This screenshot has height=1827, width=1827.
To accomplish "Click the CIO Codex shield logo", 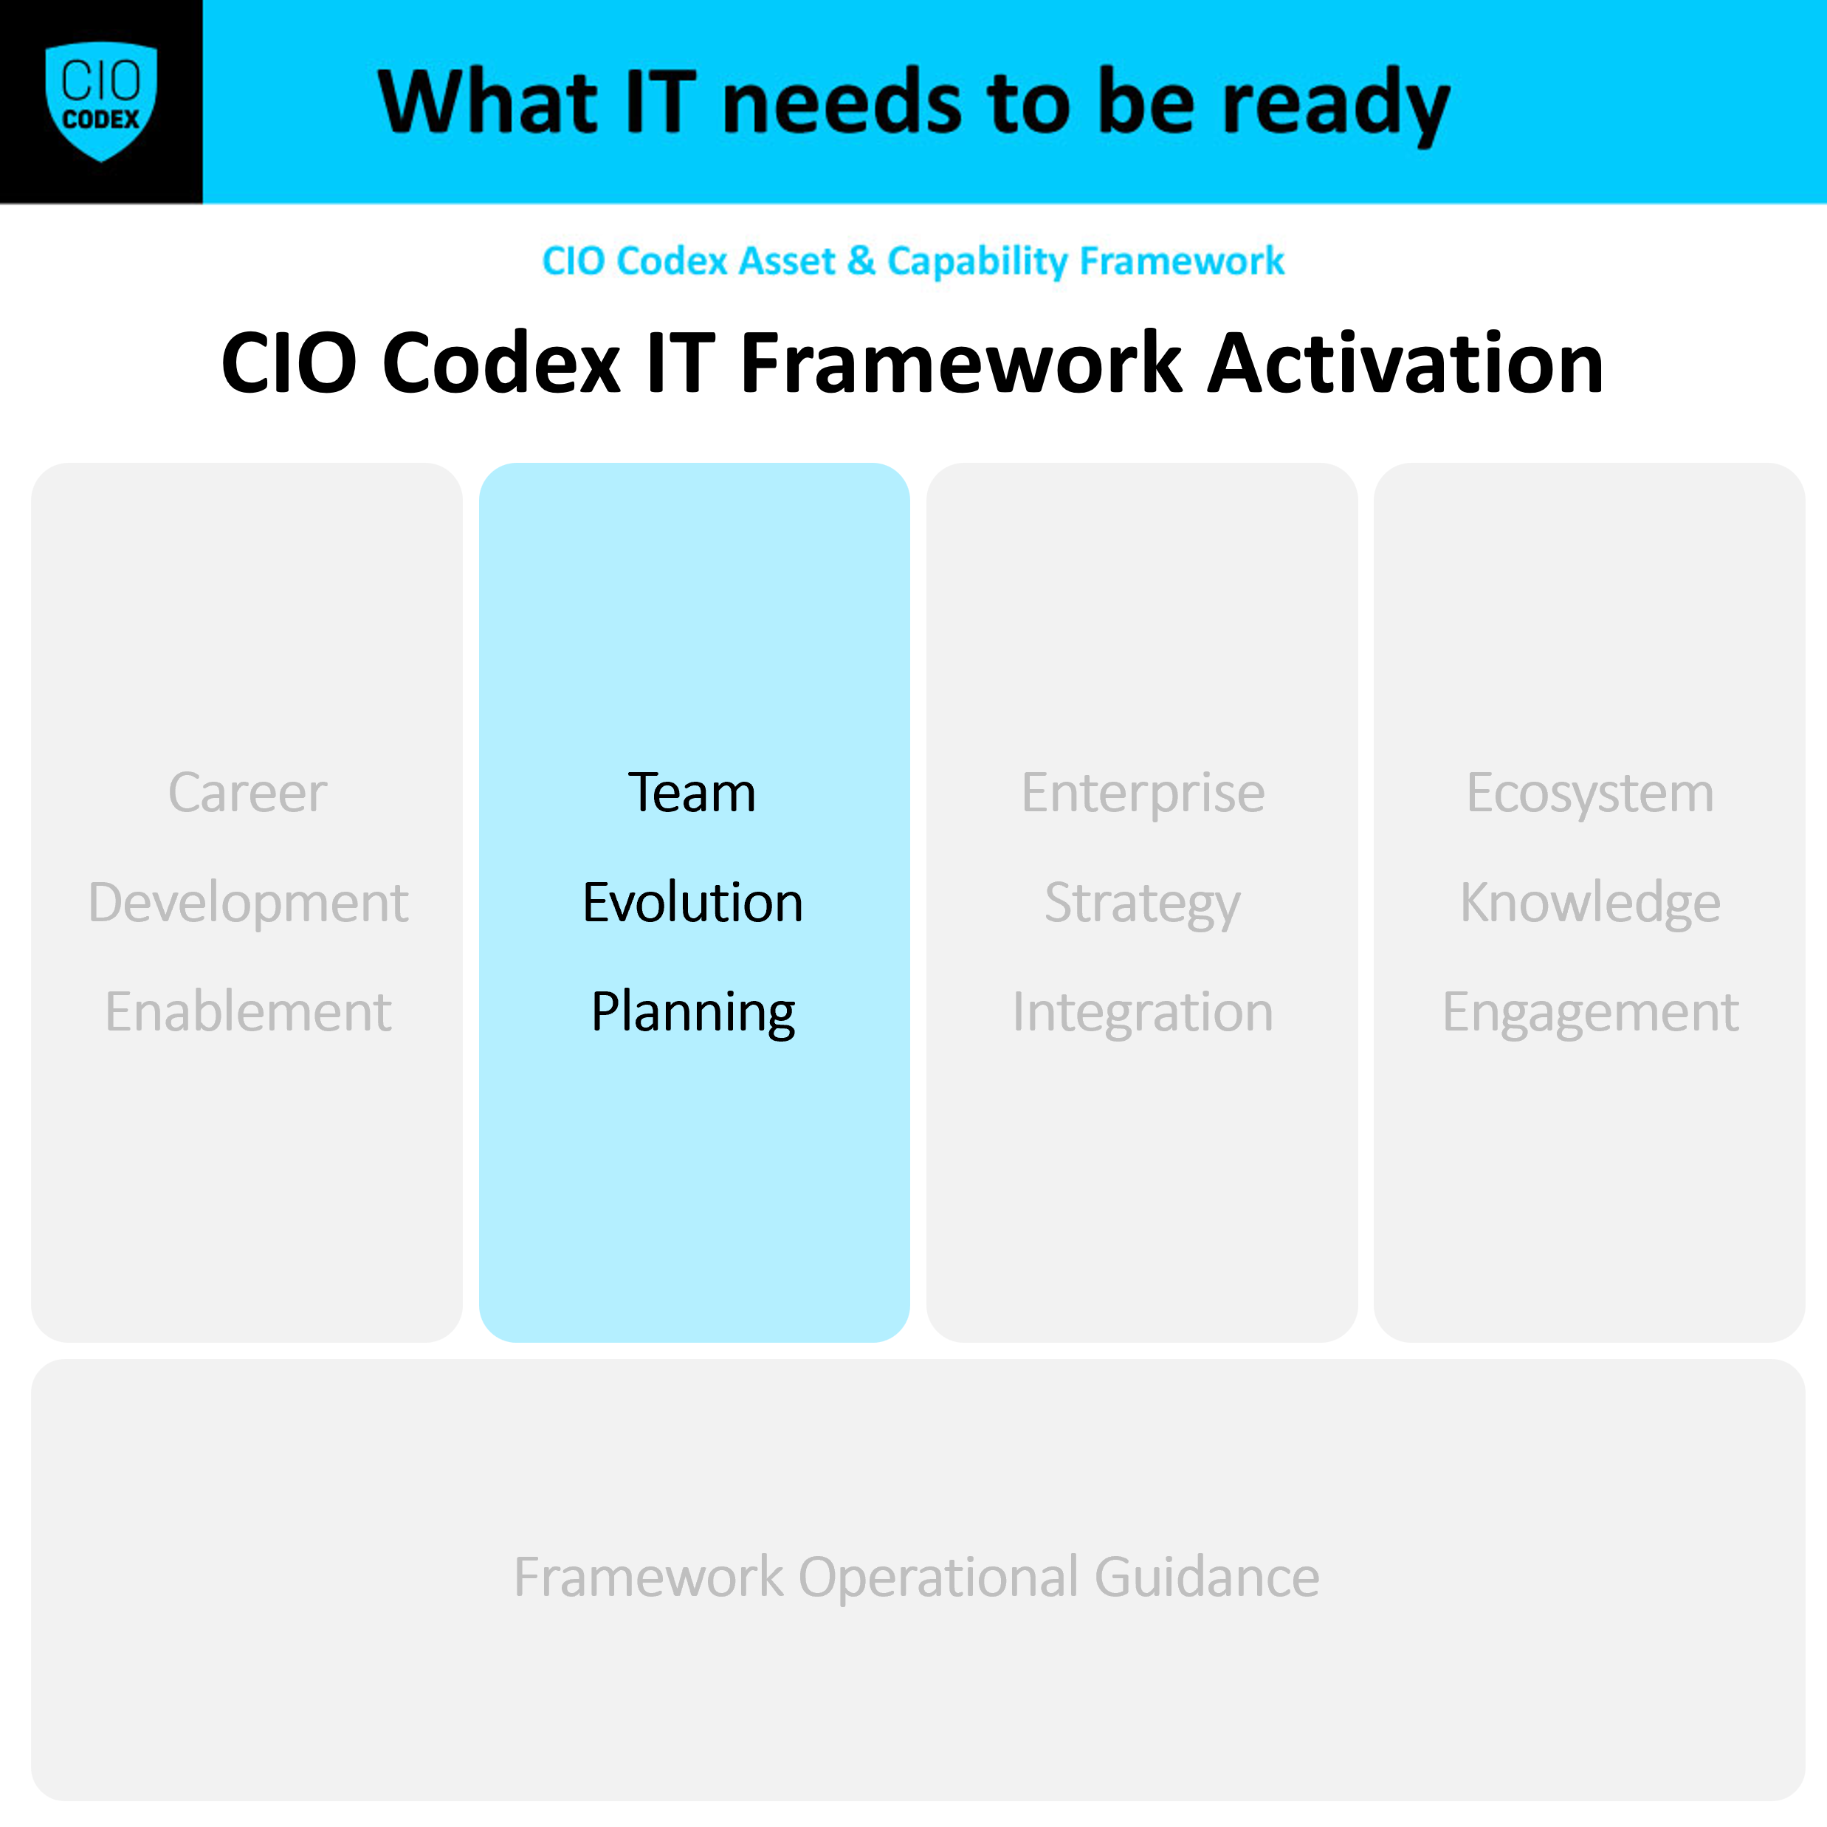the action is coord(101,101).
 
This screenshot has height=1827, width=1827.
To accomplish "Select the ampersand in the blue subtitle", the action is coord(861,261).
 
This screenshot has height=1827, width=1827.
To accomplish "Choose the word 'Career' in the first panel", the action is coord(247,793).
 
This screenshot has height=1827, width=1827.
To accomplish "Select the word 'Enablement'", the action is coord(248,1012).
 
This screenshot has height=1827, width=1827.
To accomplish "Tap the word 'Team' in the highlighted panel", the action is coord(692,793).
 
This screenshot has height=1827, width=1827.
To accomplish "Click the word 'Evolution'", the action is coord(693,902).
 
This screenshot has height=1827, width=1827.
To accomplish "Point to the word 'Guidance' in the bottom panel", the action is coord(1207,1577).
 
